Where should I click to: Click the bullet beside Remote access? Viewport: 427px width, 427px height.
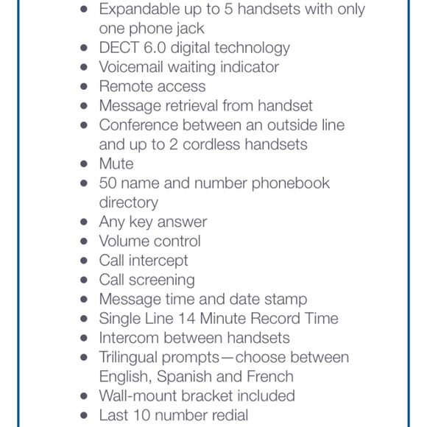click(x=84, y=87)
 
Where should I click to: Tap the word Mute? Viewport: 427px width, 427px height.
click(x=116, y=163)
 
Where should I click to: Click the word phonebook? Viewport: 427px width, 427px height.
click(x=291, y=183)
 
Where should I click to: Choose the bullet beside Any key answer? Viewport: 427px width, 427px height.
click(x=84, y=222)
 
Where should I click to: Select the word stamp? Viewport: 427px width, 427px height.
click(x=284, y=300)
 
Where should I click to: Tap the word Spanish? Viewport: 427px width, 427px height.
click(x=189, y=376)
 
